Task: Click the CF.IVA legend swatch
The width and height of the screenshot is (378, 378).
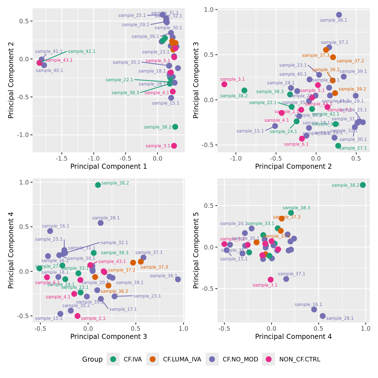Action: pyautogui.click(x=113, y=359)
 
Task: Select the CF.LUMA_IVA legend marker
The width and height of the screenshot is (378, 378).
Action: pyautogui.click(x=153, y=359)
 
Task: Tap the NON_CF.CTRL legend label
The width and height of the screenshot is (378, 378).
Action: pyautogui.click(x=300, y=359)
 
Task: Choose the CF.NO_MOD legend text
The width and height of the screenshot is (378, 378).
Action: pyautogui.click(x=240, y=359)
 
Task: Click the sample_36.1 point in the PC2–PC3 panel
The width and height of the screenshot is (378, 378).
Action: pyautogui.click(x=339, y=15)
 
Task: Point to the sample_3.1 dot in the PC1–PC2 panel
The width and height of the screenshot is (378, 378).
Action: pyautogui.click(x=174, y=146)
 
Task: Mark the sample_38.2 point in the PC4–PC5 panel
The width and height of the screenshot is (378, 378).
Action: pyautogui.click(x=363, y=185)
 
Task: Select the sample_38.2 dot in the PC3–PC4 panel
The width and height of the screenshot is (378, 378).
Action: pyautogui.click(x=98, y=185)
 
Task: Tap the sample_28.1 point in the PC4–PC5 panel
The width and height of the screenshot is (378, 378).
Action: pyautogui.click(x=323, y=316)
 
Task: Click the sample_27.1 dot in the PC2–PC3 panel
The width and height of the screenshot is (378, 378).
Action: pyautogui.click(x=338, y=146)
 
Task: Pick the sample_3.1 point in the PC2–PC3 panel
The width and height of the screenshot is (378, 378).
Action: pyautogui.click(x=224, y=84)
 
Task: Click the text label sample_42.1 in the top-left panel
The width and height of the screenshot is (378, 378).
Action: pyautogui.click(x=82, y=51)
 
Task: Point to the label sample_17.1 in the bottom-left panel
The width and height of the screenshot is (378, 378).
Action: pyautogui.click(x=123, y=309)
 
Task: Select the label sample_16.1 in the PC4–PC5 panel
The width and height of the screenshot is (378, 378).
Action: pyautogui.click(x=308, y=305)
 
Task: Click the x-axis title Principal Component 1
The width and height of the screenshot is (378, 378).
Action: pyautogui.click(x=109, y=166)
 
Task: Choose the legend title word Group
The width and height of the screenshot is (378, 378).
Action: pyautogui.click(x=92, y=359)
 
